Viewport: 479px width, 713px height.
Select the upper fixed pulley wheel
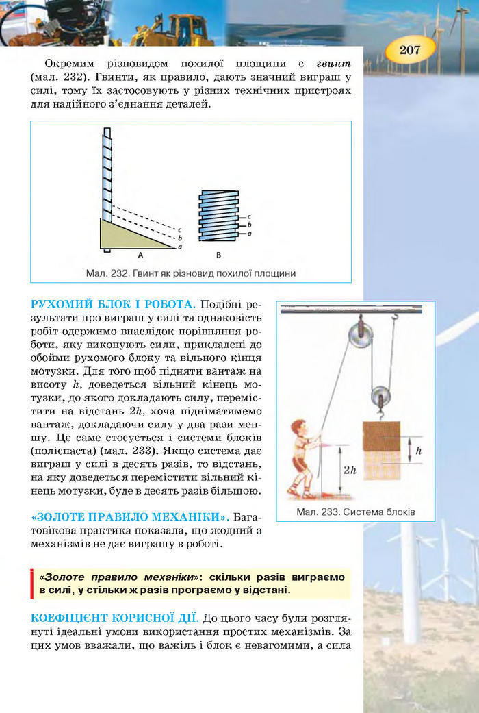[360, 335]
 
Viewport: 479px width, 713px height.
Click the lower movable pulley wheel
[380, 397]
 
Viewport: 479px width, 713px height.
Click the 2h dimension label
[350, 470]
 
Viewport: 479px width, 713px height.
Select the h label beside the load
[418, 451]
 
